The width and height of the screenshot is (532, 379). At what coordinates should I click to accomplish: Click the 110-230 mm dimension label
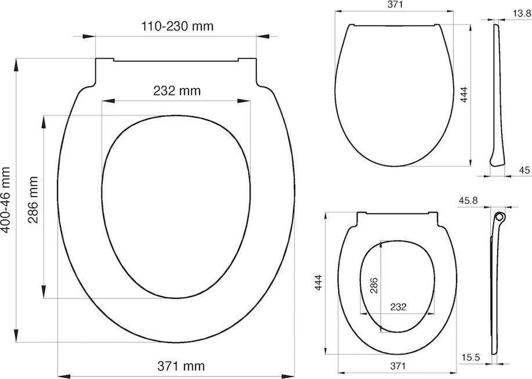coord(177,26)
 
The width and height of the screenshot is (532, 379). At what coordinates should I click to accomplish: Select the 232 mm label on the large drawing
coord(177,91)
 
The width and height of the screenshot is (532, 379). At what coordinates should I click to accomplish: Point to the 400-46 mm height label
coord(6,199)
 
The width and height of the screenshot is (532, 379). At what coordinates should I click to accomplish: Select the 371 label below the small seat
coord(398,366)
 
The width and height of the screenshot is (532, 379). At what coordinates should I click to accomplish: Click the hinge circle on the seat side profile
coord(500,217)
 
